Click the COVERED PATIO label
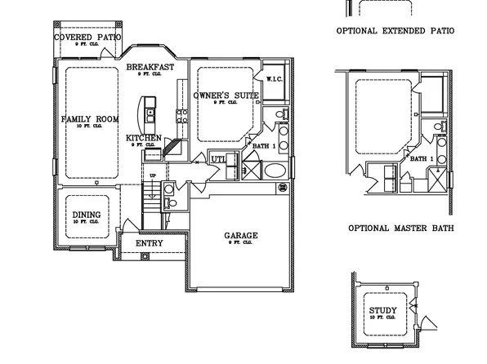(x=88, y=38)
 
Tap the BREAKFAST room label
(x=150, y=67)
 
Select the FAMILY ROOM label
(x=90, y=119)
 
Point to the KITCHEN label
(x=143, y=138)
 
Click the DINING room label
(x=86, y=215)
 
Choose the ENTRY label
(x=149, y=243)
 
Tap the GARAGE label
(x=241, y=236)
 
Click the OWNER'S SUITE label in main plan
(x=226, y=96)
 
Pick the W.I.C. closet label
(x=274, y=79)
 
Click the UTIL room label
(x=218, y=158)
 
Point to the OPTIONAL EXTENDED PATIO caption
(x=395, y=31)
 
